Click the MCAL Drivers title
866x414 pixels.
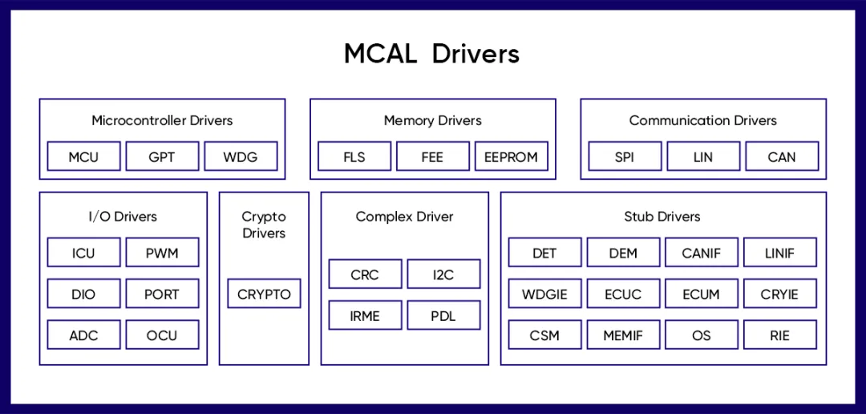pyautogui.click(x=432, y=54)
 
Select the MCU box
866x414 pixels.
pyautogui.click(x=83, y=156)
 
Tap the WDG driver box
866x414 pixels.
pyautogui.click(x=241, y=156)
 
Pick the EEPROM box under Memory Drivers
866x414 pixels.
pyautogui.click(x=511, y=156)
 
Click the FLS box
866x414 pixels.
pyautogui.click(x=354, y=156)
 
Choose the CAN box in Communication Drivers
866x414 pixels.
pyautogui.click(x=782, y=156)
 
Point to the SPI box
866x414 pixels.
pyautogui.click(x=625, y=156)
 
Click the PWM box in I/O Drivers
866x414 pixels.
pyautogui.click(x=162, y=253)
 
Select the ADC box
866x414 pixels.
pyautogui.click(x=83, y=335)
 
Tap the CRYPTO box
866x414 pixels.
pyautogui.click(x=264, y=294)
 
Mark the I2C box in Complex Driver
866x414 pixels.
pyautogui.click(x=443, y=274)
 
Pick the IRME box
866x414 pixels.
pyautogui.click(x=365, y=315)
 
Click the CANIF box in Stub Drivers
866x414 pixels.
pyautogui.click(x=702, y=253)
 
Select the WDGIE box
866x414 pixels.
pyautogui.click(x=544, y=294)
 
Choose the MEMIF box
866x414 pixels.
pyautogui.click(x=623, y=335)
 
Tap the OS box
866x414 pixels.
pyautogui.click(x=702, y=335)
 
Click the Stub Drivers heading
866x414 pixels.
pyautogui.click(x=662, y=217)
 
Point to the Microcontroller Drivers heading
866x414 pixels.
pyautogui.click(x=162, y=121)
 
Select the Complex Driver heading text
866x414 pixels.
pyautogui.click(x=404, y=217)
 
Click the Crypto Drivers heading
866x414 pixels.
pyautogui.click(x=264, y=225)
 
